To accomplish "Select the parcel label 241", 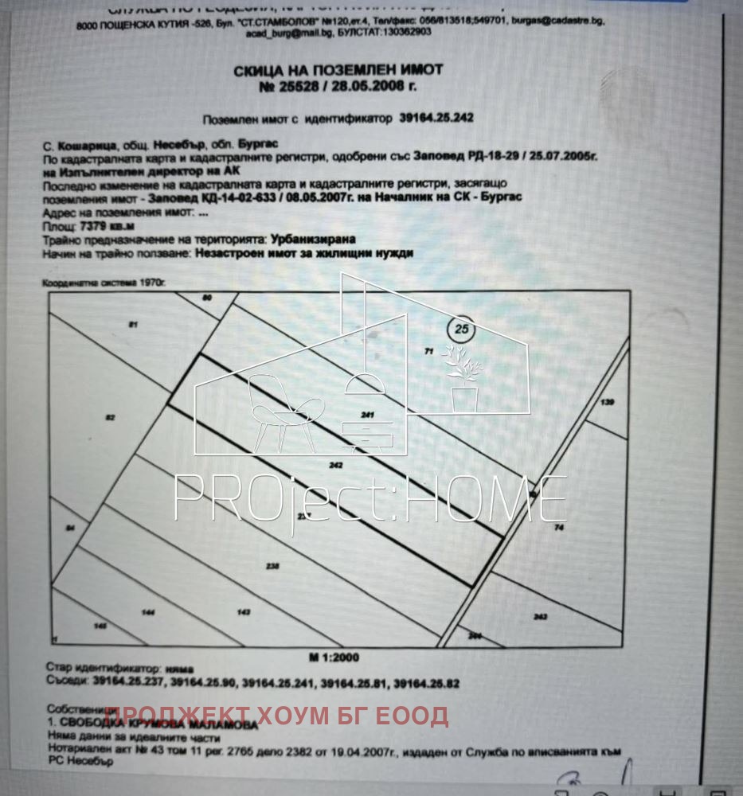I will tap(367, 415).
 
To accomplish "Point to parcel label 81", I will tap(133, 325).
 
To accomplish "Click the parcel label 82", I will tap(111, 417).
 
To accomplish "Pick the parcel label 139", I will tap(608, 404).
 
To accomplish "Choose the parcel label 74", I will tap(558, 528).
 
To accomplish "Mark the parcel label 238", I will tap(273, 566).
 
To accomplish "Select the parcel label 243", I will tap(540, 616).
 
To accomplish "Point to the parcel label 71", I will tap(428, 351).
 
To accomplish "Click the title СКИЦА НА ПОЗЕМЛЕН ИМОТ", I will tap(338, 71).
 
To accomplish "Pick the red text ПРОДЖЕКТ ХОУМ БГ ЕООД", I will tap(276, 716).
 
